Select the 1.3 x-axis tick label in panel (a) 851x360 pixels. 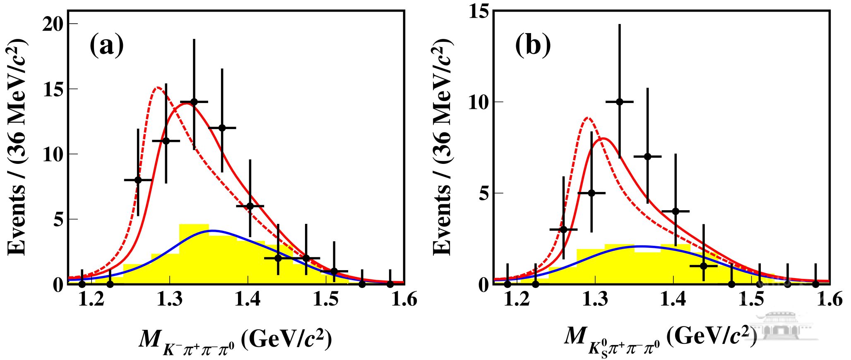pos(169,299)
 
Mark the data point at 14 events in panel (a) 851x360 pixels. pos(194,102)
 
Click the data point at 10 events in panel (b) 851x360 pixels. pos(620,102)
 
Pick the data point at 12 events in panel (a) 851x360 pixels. pos(222,128)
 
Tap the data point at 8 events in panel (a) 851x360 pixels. pos(138,180)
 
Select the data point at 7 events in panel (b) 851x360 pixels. pos(648,156)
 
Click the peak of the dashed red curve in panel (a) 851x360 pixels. pos(158,88)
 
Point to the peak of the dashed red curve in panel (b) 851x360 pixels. pos(587,118)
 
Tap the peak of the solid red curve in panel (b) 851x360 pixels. pos(603,139)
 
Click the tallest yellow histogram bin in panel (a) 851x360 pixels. pos(194,254)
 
